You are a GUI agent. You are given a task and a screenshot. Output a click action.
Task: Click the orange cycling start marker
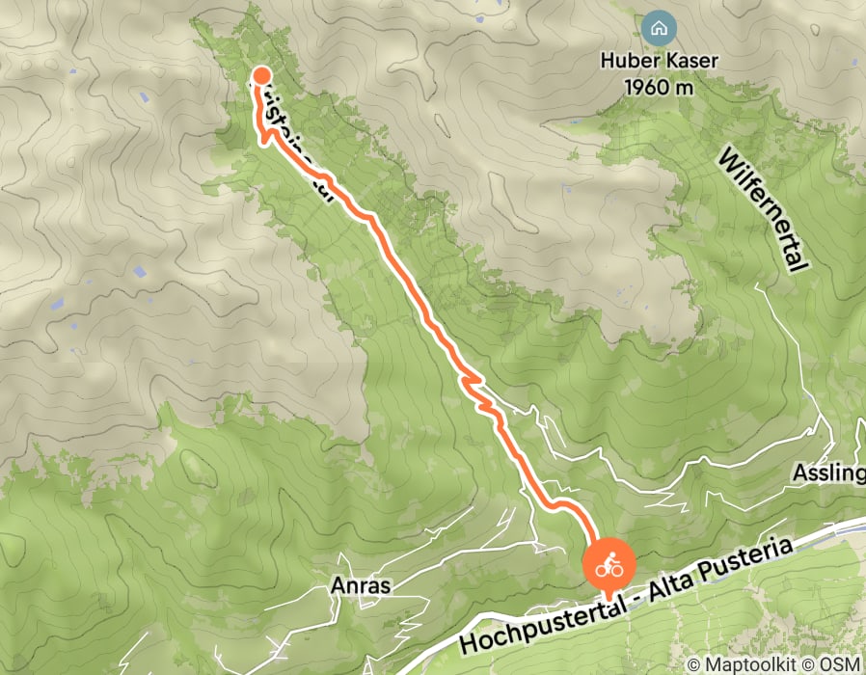click(609, 566)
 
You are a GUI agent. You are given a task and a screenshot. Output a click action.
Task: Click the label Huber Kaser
click(658, 61)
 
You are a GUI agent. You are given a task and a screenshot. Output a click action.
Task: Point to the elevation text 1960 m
click(659, 86)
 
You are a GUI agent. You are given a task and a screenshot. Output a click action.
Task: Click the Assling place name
click(827, 473)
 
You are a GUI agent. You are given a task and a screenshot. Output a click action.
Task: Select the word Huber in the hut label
click(630, 61)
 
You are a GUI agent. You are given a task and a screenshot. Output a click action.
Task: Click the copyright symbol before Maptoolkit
click(694, 664)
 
